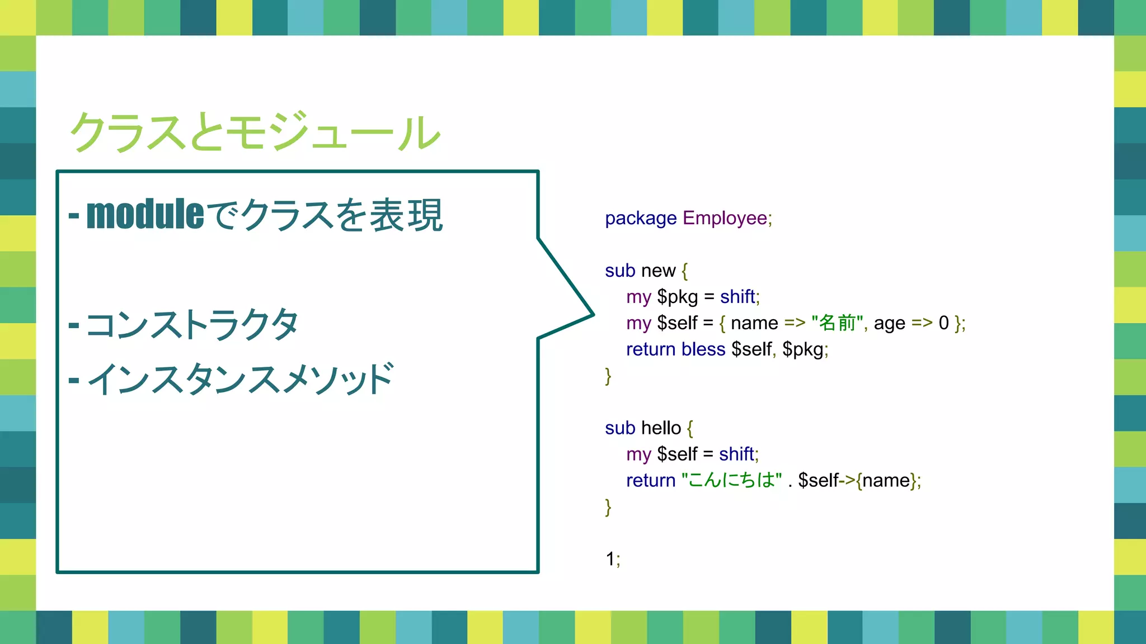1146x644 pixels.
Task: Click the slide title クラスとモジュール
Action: pos(255,132)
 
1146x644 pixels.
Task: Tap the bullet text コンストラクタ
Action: pos(192,325)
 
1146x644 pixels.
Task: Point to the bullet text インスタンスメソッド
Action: pos(241,380)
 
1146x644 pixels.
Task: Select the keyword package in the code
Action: pos(641,218)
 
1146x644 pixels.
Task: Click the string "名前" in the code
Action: pos(837,323)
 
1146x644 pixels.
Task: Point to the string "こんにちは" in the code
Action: pos(731,480)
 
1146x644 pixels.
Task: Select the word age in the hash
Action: pos(889,324)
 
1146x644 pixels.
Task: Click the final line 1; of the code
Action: pos(612,559)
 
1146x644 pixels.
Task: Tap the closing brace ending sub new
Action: pos(608,376)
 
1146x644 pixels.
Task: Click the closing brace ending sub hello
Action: pos(608,507)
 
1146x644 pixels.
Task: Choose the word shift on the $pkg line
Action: pos(738,297)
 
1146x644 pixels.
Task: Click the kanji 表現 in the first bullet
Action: pos(406,215)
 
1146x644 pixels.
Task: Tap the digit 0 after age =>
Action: pos(943,323)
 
